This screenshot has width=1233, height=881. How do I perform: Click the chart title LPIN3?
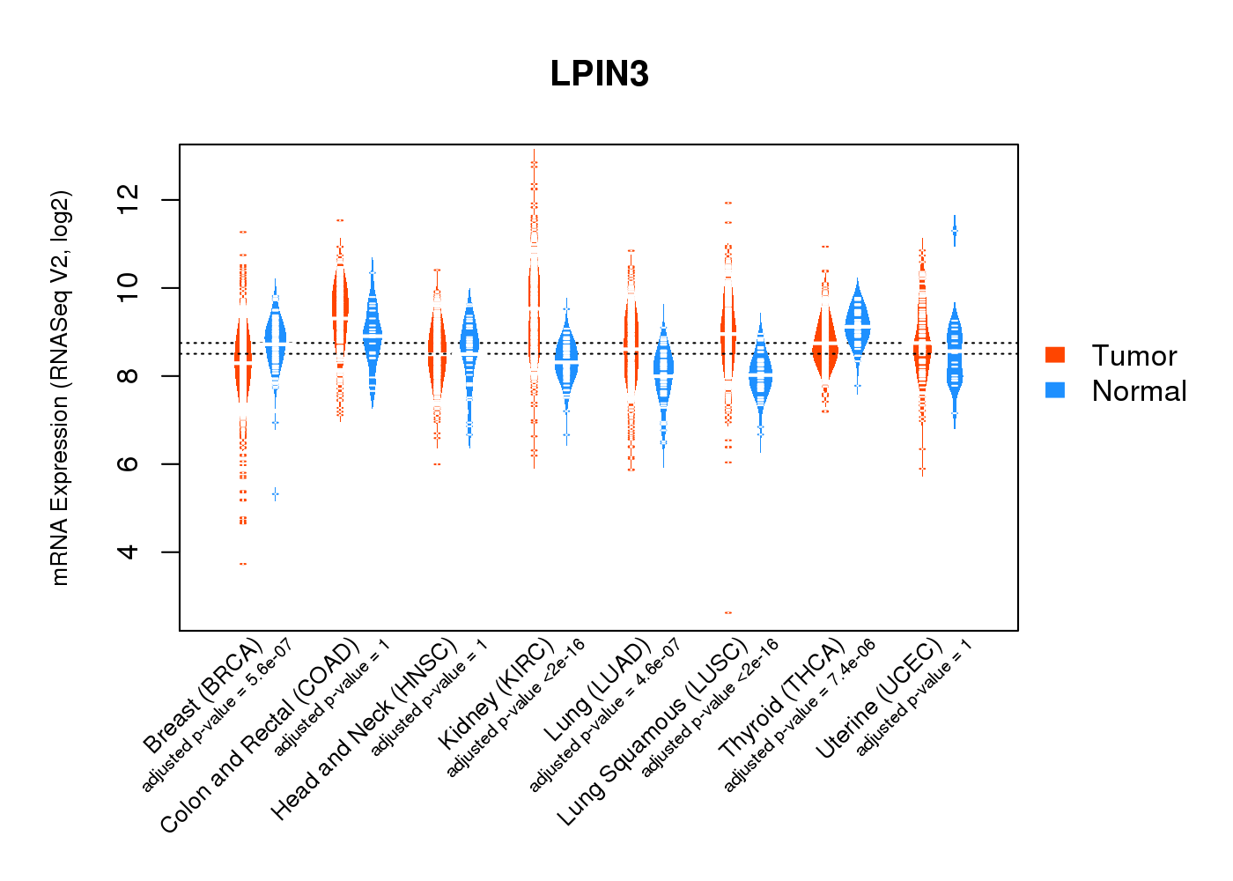pyautogui.click(x=599, y=74)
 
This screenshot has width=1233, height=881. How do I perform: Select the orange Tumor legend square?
pyautogui.click(x=1055, y=355)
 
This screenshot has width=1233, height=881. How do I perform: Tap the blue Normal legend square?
pyautogui.click(x=1055, y=390)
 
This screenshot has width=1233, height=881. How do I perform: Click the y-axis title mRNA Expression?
pyautogui.click(x=60, y=388)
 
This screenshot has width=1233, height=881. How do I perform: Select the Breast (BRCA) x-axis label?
pyautogui.click(x=203, y=696)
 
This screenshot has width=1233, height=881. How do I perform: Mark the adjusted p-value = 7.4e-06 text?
pyautogui.click(x=800, y=715)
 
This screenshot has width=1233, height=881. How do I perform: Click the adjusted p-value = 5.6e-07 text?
pyautogui.click(x=217, y=714)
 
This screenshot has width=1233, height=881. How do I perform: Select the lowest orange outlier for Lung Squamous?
pyautogui.click(x=728, y=612)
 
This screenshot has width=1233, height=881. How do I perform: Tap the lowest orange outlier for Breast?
pyautogui.click(x=243, y=564)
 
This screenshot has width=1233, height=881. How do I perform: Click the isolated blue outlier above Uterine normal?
pyautogui.click(x=954, y=231)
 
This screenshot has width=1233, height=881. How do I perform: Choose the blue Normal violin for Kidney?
pyautogui.click(x=566, y=361)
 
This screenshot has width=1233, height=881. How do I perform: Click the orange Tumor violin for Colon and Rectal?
pyautogui.click(x=340, y=308)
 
